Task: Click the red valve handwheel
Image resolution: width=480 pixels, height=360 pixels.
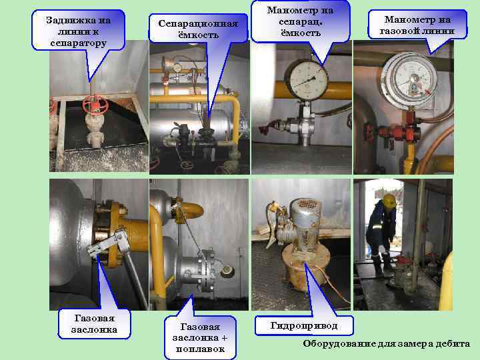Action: pos(94,105)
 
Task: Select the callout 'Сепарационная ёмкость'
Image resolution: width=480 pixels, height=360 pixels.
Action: pos(197,30)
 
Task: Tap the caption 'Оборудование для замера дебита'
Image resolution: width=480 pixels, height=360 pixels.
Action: pos(387,344)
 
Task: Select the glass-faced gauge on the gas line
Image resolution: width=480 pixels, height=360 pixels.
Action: pos(407,76)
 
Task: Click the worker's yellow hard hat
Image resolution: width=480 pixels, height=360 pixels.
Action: pos(389,201)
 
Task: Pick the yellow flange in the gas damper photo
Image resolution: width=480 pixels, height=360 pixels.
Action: pos(123,227)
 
